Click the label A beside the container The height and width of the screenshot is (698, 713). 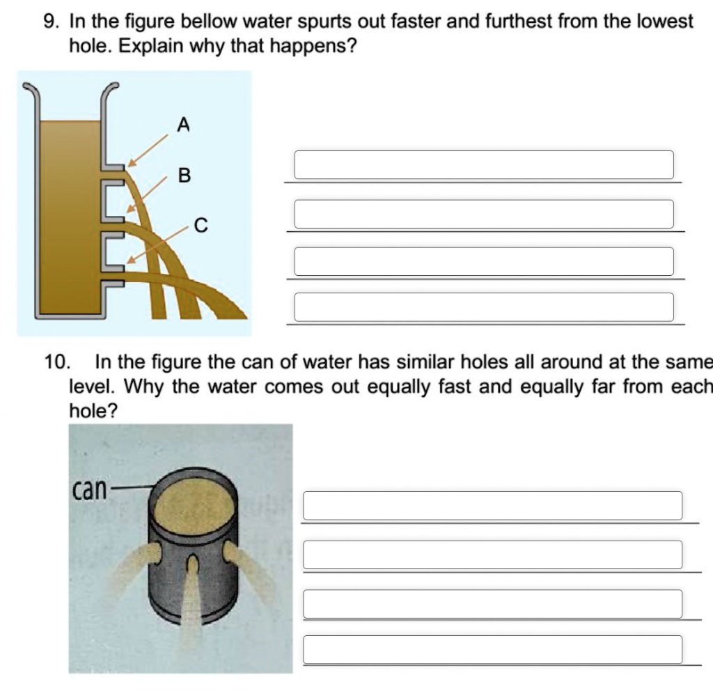pos(183,125)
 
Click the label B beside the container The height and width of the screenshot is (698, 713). pos(184,175)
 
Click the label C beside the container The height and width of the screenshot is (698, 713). pos(201,226)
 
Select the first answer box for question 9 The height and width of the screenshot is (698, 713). pos(484,165)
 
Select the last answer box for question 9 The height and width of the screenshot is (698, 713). pos(484,307)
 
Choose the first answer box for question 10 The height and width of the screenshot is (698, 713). pos(492,506)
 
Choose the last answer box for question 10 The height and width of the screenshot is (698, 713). pos(492,649)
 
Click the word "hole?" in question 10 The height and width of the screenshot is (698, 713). pos(93,412)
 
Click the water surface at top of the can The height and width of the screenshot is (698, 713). pos(194,501)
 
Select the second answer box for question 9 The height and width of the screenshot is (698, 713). pos(484,214)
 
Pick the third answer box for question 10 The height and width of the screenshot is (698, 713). pos(492,604)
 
